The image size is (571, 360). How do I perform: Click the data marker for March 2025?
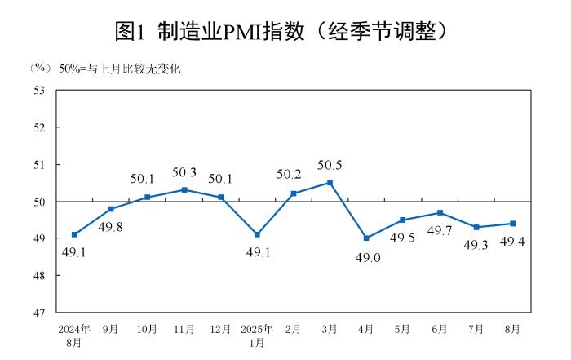pos(330,182)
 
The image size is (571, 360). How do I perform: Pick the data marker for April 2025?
pos(366,238)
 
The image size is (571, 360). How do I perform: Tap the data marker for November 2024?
pos(184,189)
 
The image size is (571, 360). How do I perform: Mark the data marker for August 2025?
pos(512,223)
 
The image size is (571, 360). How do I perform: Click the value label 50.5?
pos(329,165)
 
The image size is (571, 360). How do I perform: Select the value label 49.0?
pos(366,257)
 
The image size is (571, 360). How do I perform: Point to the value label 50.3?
pos(184,172)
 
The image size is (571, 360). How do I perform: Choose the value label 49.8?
pos(111,226)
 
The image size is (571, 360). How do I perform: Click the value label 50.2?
pos(293,174)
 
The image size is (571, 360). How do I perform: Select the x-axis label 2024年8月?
pos(74,336)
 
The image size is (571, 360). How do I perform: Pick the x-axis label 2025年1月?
pos(256,336)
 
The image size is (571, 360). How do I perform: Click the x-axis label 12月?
pos(220,329)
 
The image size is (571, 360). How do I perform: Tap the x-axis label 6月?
pos(439,329)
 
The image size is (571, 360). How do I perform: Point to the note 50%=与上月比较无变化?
pos(119,69)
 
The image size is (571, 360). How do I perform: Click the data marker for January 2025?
pos(257,234)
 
